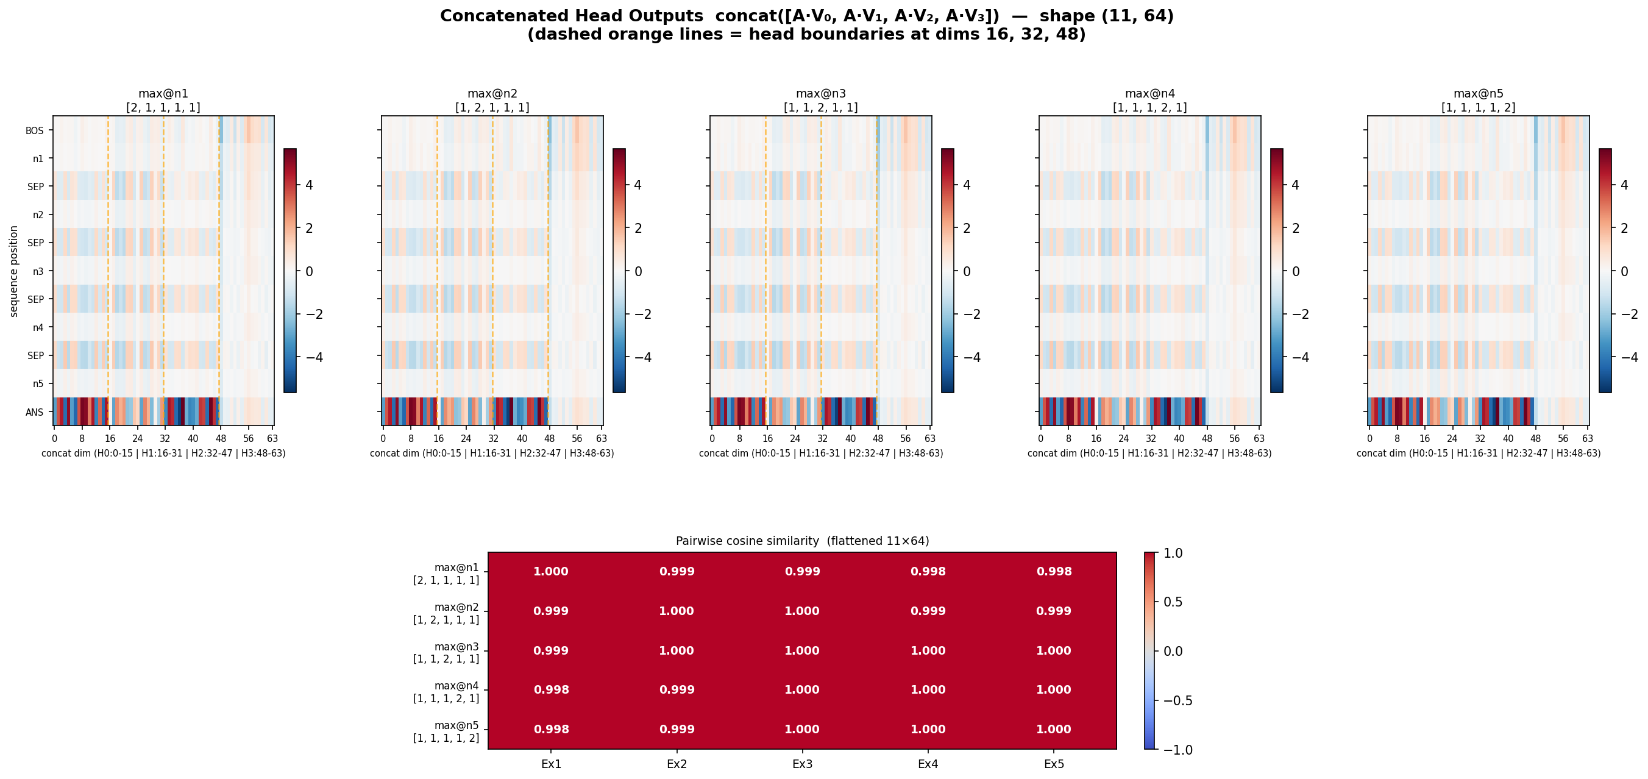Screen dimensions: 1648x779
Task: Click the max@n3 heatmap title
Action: [821, 94]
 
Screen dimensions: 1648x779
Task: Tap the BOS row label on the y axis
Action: [35, 130]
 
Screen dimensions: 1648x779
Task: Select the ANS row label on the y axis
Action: [35, 412]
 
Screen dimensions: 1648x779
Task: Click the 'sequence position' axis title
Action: [13, 271]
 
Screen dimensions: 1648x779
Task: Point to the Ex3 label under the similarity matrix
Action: [802, 764]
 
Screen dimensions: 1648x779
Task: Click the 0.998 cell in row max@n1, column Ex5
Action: [1054, 572]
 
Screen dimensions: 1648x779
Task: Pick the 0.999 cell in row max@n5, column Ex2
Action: [677, 729]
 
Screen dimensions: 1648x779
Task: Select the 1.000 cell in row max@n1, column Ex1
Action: [551, 572]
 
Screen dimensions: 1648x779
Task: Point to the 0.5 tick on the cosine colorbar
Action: [1172, 602]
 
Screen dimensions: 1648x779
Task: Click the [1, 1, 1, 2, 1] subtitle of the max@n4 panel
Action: [1149, 107]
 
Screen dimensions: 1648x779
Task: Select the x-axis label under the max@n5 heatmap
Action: [1479, 454]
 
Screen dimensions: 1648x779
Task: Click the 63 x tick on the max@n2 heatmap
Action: [602, 439]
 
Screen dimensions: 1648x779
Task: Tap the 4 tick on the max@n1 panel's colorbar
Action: [310, 185]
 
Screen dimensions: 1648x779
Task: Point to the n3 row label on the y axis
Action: [38, 271]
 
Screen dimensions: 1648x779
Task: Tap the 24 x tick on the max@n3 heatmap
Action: [795, 439]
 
